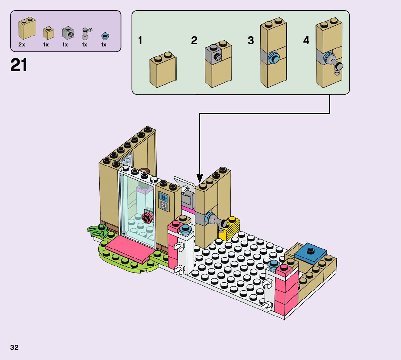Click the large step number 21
19,65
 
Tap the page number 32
14,347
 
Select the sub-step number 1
140,41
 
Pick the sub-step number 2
194,41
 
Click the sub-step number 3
251,41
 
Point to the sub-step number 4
306,41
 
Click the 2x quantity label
22,45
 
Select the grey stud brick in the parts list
67,33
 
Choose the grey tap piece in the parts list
86,33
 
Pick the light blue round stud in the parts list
105,36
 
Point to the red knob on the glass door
147,218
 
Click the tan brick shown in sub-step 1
163,71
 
